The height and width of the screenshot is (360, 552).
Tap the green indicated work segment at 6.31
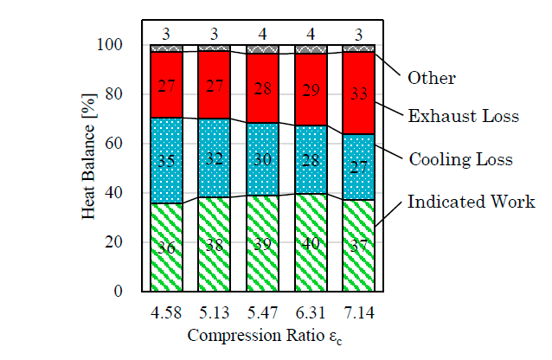coord(310,260)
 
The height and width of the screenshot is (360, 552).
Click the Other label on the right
coord(431,78)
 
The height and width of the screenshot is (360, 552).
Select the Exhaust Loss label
coord(463,115)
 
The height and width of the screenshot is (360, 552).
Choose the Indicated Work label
coord(472,202)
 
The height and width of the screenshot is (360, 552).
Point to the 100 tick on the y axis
coord(114,45)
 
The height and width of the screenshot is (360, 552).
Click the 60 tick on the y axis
coord(118,144)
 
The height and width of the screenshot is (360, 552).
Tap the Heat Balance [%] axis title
coord(89,168)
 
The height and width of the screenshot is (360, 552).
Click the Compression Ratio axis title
coord(261,334)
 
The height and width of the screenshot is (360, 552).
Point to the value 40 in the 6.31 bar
coord(310,244)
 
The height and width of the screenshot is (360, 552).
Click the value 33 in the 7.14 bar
coord(358,93)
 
